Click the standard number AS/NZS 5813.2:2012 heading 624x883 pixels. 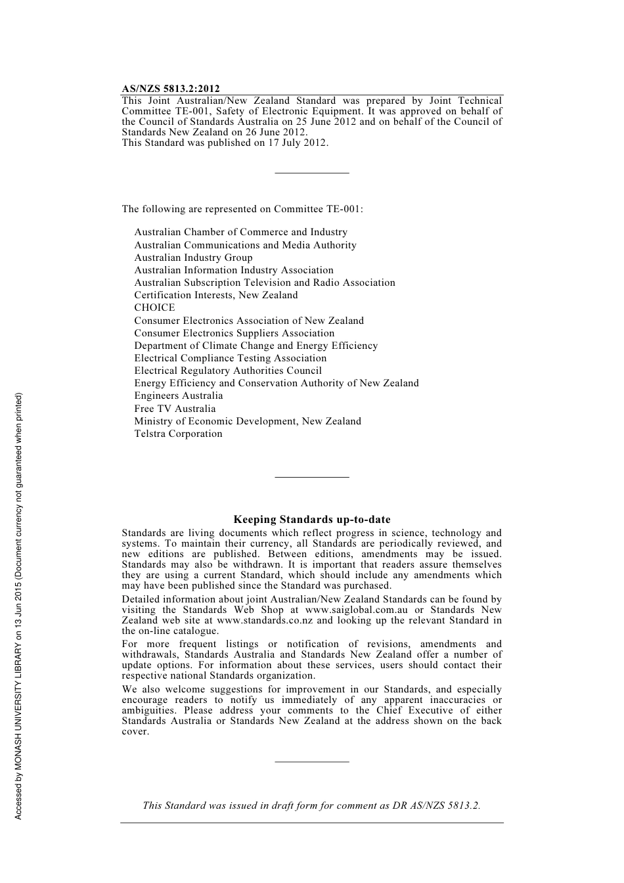(x=171, y=89)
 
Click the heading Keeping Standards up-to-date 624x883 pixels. (x=312, y=520)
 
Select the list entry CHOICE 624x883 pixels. (x=154, y=307)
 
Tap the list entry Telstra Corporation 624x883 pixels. (x=178, y=434)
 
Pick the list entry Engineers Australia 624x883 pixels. (x=178, y=396)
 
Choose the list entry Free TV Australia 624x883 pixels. (x=175, y=409)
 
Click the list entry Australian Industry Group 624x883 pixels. (x=193, y=258)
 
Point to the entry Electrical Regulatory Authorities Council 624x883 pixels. (x=228, y=371)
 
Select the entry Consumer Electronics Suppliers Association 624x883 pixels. (x=234, y=333)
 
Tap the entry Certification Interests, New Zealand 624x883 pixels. (x=216, y=295)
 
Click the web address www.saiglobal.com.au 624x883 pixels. (x=356, y=610)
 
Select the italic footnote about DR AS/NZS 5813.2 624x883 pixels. (x=311, y=805)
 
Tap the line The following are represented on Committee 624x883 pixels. (x=242, y=209)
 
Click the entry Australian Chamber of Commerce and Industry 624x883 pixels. (x=240, y=232)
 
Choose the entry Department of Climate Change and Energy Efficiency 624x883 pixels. (x=256, y=346)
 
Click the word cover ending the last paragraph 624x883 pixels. (x=135, y=731)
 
